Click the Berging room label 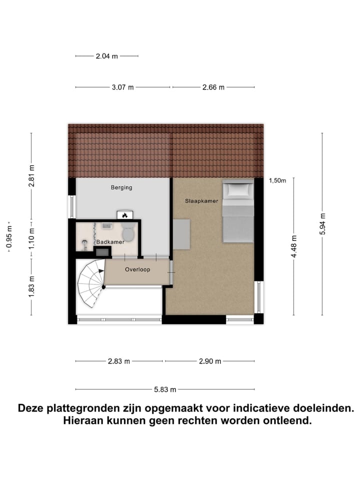(121, 187)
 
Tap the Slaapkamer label (201, 200)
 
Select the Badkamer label (110, 241)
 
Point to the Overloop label (137, 269)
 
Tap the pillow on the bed (238, 189)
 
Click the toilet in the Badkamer (128, 232)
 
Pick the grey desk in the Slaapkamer (181, 234)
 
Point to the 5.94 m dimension (322, 224)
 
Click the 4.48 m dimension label (294, 246)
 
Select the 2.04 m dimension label (106, 56)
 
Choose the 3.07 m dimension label (122, 87)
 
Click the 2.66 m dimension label (213, 87)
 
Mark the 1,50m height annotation (277, 181)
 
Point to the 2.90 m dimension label (210, 361)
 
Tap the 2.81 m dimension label (31, 175)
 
